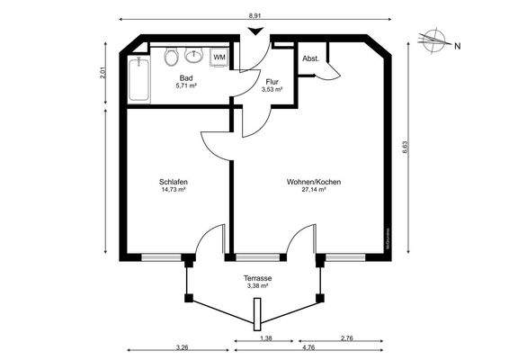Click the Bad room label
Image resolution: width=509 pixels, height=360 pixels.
point(186,78)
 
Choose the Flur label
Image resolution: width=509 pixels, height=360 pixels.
point(272,82)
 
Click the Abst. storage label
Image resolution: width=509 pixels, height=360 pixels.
point(311,58)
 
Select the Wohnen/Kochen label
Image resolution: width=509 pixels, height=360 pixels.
point(313,182)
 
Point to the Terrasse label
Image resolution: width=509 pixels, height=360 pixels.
point(258,279)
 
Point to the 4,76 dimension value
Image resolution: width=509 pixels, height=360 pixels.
point(308,347)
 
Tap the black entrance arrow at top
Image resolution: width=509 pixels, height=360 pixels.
point(256,31)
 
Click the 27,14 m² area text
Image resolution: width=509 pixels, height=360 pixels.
point(313,191)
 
